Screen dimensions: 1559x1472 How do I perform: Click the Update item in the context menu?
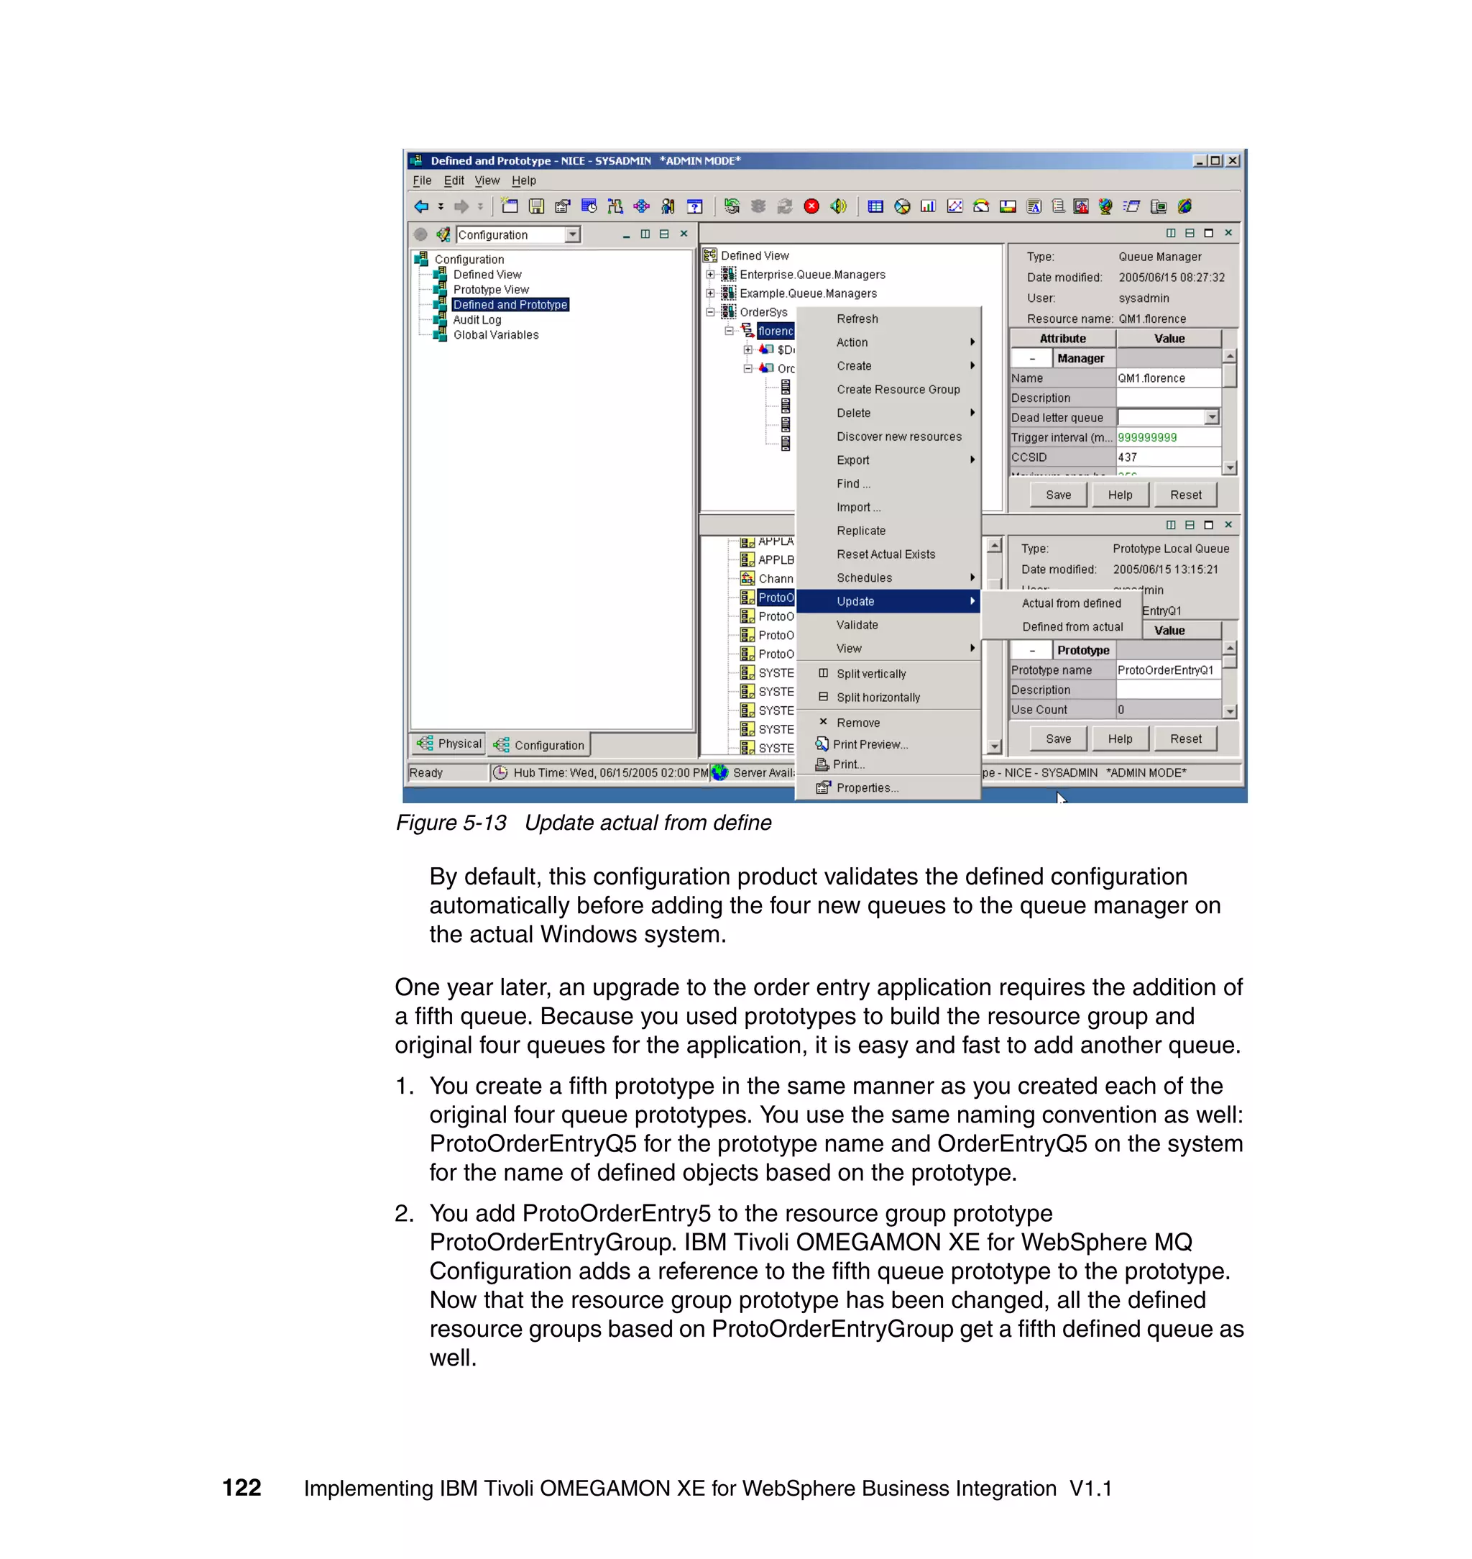[855, 601]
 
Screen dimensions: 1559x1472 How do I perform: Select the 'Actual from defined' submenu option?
[1071, 603]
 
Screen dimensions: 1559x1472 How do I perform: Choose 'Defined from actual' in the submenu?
[1072, 626]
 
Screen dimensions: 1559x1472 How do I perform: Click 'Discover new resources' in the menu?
[898, 436]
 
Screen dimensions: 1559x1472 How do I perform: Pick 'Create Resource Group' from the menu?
[898, 389]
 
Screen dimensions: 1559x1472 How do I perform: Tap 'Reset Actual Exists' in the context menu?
[885, 554]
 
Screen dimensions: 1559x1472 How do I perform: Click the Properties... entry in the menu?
[866, 787]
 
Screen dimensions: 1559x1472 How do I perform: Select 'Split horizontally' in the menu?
[878, 697]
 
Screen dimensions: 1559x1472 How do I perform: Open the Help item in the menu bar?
[523, 180]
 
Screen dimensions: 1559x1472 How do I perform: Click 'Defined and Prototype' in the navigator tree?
[510, 305]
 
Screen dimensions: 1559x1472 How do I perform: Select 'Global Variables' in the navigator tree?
[496, 334]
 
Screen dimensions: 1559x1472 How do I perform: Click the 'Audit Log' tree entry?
[477, 319]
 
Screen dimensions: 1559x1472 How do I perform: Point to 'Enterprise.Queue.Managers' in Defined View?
[812, 275]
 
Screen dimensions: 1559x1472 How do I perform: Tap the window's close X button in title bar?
[1233, 160]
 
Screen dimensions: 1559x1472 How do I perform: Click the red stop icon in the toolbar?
[811, 206]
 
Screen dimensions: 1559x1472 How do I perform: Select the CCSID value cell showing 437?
[1167, 457]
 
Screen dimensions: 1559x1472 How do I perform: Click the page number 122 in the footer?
[241, 1488]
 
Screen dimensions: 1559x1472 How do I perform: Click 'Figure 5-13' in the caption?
[451, 823]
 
